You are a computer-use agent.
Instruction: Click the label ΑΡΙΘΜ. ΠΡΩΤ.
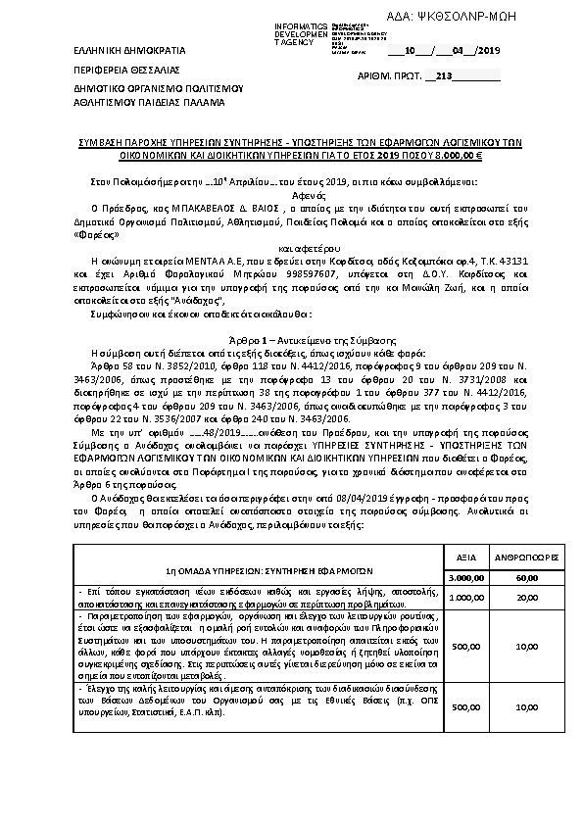(x=390, y=75)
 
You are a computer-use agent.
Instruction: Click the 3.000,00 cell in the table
(x=467, y=578)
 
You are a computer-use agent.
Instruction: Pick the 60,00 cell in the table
(x=527, y=578)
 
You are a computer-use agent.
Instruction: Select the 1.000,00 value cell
(x=467, y=597)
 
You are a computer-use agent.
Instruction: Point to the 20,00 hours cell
(x=527, y=597)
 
